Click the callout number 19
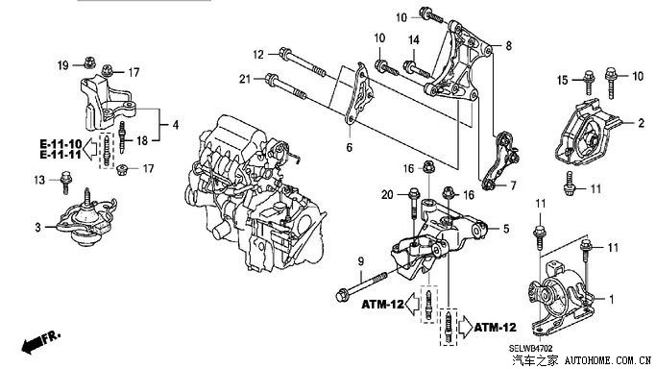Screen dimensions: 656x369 pos(63,65)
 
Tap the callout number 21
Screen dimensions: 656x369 pos(246,78)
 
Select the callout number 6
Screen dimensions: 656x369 pos(350,147)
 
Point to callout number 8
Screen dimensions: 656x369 pos(508,45)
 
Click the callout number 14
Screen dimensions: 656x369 pos(414,40)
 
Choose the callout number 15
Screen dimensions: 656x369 pos(563,80)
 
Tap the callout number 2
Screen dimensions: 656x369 pos(642,123)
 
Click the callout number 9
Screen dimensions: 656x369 pos(360,262)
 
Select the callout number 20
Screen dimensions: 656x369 pos(387,194)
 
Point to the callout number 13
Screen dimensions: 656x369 pos(39,180)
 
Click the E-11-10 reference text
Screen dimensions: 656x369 pos(61,144)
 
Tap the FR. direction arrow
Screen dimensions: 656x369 pos(41,341)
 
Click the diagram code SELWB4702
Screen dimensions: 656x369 pos(531,349)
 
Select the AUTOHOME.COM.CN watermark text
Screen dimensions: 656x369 pos(608,360)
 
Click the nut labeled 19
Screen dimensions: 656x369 pos(88,62)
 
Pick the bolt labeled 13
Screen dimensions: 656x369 pos(65,183)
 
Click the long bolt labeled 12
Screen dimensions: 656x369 pos(303,63)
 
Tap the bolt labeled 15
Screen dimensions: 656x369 pos(589,83)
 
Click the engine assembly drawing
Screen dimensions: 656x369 pos(255,195)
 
